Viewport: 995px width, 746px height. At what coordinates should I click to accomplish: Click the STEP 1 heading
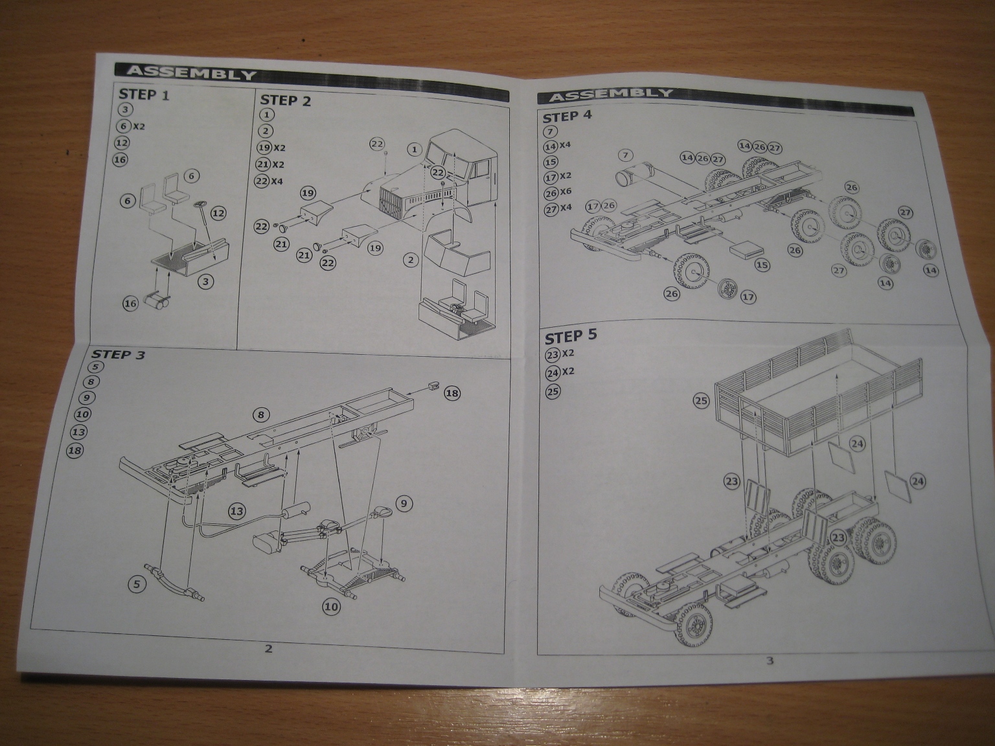pos(144,95)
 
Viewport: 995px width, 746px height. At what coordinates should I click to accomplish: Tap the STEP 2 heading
pos(285,100)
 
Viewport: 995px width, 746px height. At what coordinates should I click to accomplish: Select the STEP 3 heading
pos(118,354)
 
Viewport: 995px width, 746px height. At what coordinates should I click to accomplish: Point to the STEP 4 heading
pos(567,117)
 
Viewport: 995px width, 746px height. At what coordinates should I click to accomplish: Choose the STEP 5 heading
pos(571,337)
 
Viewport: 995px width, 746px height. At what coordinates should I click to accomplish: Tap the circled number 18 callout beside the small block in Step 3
pos(452,393)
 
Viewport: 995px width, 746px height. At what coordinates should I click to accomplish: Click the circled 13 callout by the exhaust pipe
pos(237,511)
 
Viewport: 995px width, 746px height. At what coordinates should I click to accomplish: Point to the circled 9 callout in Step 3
pos(402,503)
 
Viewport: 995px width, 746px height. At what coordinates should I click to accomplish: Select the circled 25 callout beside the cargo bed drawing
pos(702,401)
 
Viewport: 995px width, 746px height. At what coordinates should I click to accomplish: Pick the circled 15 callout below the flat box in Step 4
pos(762,265)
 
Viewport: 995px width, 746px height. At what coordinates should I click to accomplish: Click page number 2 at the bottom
pos(268,648)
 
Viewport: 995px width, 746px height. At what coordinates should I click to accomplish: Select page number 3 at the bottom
pos(770,661)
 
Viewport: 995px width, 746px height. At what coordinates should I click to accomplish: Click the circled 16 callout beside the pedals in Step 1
pos(131,303)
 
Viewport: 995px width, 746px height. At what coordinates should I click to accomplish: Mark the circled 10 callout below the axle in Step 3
pos(331,607)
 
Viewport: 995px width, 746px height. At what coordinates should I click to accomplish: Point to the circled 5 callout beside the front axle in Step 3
pos(136,583)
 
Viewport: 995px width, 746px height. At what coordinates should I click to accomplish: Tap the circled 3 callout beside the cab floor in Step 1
pos(206,281)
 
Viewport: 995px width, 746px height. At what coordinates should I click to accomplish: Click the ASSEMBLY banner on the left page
pos(191,73)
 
